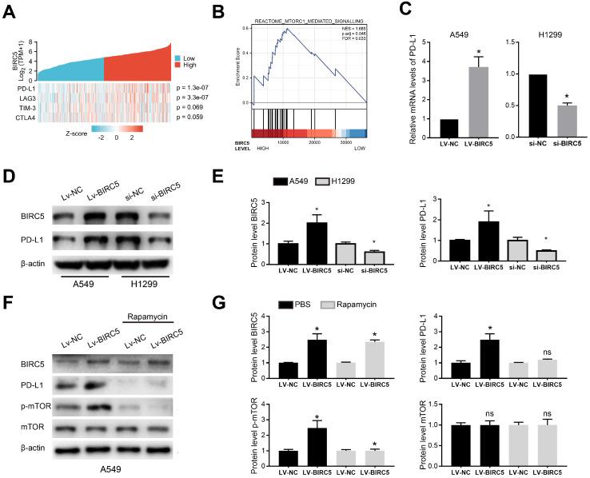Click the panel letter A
click(10, 10)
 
